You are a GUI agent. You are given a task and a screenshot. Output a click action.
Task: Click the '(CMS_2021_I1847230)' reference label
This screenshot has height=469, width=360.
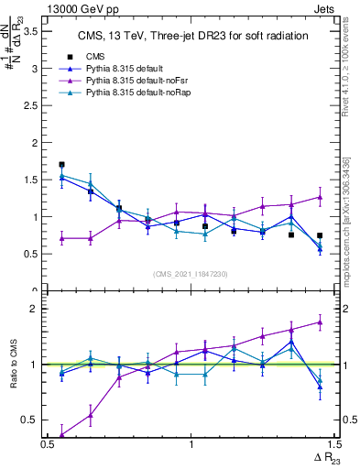point(191,274)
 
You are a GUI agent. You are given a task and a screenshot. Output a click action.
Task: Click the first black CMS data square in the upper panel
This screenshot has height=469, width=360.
point(61,165)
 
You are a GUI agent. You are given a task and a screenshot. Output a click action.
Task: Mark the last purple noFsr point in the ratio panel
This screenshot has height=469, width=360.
point(320,322)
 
